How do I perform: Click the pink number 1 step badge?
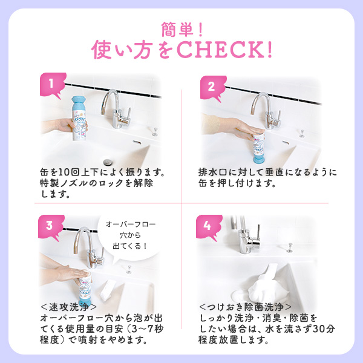click(52, 85)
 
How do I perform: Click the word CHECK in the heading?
click(224, 50)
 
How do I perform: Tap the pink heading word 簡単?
click(177, 30)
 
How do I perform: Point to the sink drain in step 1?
click(108, 162)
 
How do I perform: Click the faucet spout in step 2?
click(260, 100)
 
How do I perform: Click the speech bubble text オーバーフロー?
click(131, 224)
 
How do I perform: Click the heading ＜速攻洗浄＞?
click(69, 307)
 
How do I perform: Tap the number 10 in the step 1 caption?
click(64, 172)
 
